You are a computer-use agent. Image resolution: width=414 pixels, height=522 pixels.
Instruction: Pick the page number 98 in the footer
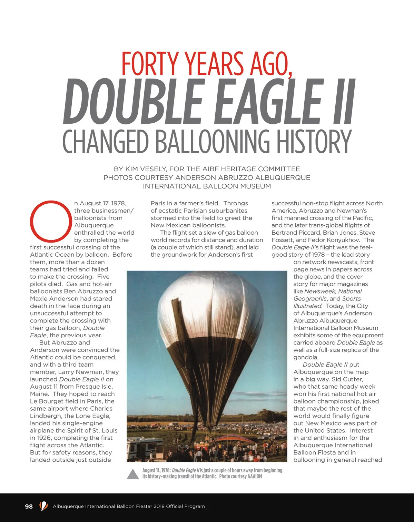coord(29,506)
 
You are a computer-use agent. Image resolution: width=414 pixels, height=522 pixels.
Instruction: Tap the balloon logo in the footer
coord(43,506)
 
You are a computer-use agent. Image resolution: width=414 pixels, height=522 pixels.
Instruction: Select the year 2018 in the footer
coord(159,506)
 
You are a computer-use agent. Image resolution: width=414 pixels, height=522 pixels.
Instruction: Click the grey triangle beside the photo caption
coord(132,474)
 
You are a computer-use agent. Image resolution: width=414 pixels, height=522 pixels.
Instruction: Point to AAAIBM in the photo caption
coord(255,477)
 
